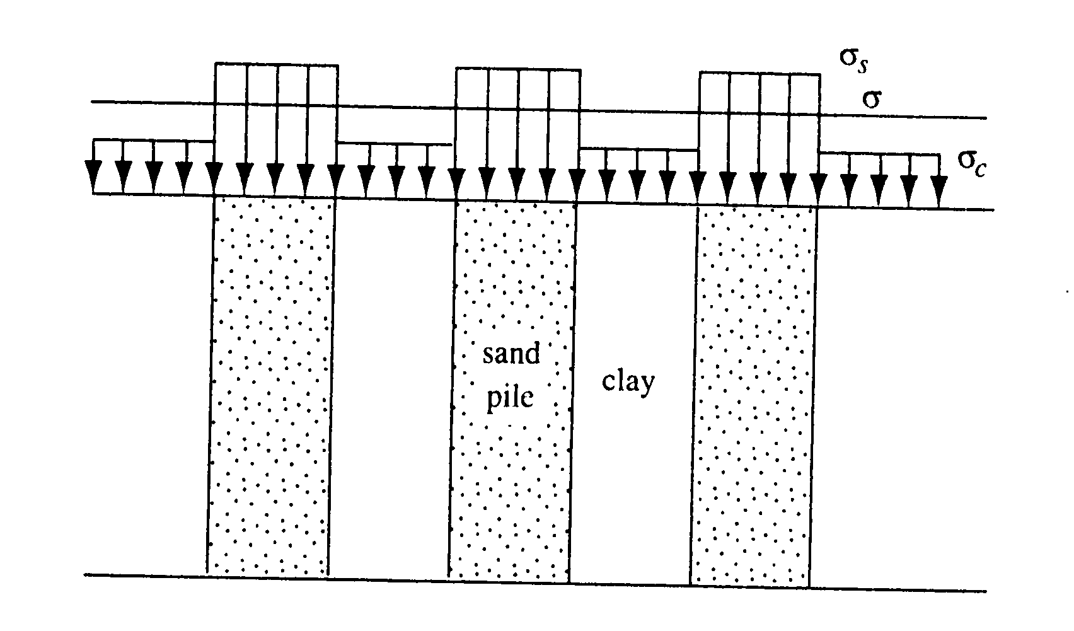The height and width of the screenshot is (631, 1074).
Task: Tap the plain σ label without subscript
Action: (871, 100)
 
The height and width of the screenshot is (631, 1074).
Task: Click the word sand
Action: (512, 354)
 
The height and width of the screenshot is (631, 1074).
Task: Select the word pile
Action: (510, 398)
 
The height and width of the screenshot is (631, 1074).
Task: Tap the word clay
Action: (628, 382)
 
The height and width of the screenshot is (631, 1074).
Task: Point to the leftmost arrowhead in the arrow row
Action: (93, 171)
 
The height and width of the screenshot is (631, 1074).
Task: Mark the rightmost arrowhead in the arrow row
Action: (939, 187)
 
